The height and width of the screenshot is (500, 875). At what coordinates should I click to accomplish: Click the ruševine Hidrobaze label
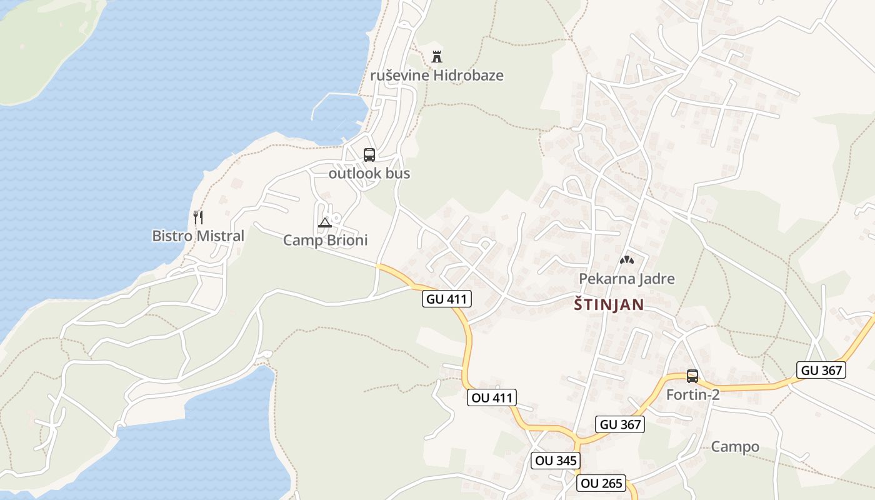[437, 76]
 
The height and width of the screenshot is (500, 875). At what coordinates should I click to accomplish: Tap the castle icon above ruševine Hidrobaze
[437, 56]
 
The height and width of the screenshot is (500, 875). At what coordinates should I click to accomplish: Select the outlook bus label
[369, 173]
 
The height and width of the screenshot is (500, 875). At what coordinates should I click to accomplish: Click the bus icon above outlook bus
[369, 154]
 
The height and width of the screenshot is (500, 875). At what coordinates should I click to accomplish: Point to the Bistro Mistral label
[198, 236]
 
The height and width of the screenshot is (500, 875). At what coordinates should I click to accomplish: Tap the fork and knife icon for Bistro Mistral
[198, 217]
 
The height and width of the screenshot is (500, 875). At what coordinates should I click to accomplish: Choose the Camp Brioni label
[325, 240]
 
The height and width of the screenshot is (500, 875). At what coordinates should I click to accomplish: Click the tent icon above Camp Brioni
[324, 222]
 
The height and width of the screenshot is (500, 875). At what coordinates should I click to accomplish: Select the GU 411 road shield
[446, 299]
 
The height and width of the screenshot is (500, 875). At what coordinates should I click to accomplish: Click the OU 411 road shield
[492, 397]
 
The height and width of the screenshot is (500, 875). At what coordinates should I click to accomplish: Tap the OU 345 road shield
[556, 461]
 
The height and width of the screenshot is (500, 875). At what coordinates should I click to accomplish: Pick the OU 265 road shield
[601, 483]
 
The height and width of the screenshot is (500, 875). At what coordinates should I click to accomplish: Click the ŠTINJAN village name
[609, 304]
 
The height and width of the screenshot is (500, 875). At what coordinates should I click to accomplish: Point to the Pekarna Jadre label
[627, 278]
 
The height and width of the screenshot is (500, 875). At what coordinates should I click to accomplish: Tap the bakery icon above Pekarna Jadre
[627, 259]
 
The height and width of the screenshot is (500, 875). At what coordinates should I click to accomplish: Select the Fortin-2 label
[692, 394]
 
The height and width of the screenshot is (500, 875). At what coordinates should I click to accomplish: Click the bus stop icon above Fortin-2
[692, 376]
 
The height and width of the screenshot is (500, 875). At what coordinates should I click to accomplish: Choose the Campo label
[735, 446]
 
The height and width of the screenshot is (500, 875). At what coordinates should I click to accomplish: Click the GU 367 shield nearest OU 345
[619, 424]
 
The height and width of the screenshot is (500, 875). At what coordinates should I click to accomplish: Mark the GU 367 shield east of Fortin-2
[821, 369]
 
